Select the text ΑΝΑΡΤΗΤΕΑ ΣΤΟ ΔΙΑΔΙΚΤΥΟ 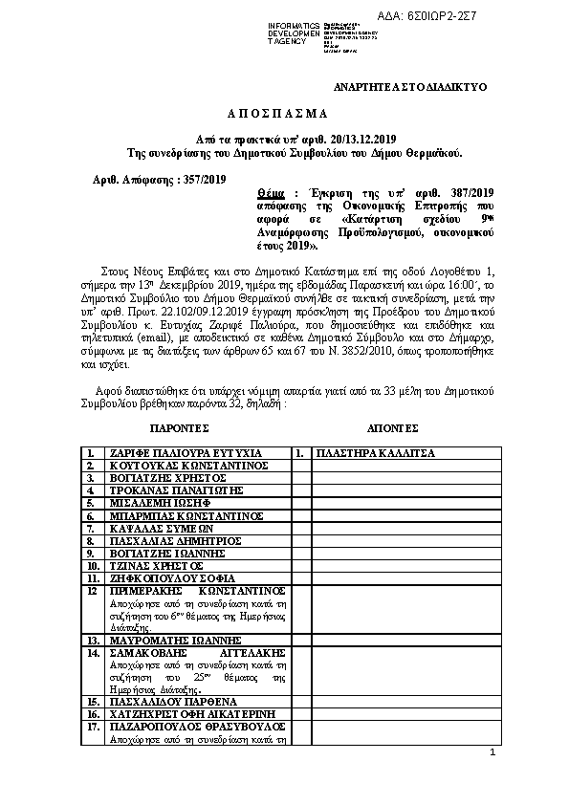[x=410, y=87]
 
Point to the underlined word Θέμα [x=258, y=192]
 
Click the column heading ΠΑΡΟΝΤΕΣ [x=180, y=427]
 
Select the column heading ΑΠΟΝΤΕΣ [x=392, y=427]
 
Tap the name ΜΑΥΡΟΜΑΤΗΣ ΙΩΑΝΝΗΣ [x=175, y=640]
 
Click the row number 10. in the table [x=94, y=565]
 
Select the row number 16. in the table [x=94, y=713]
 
